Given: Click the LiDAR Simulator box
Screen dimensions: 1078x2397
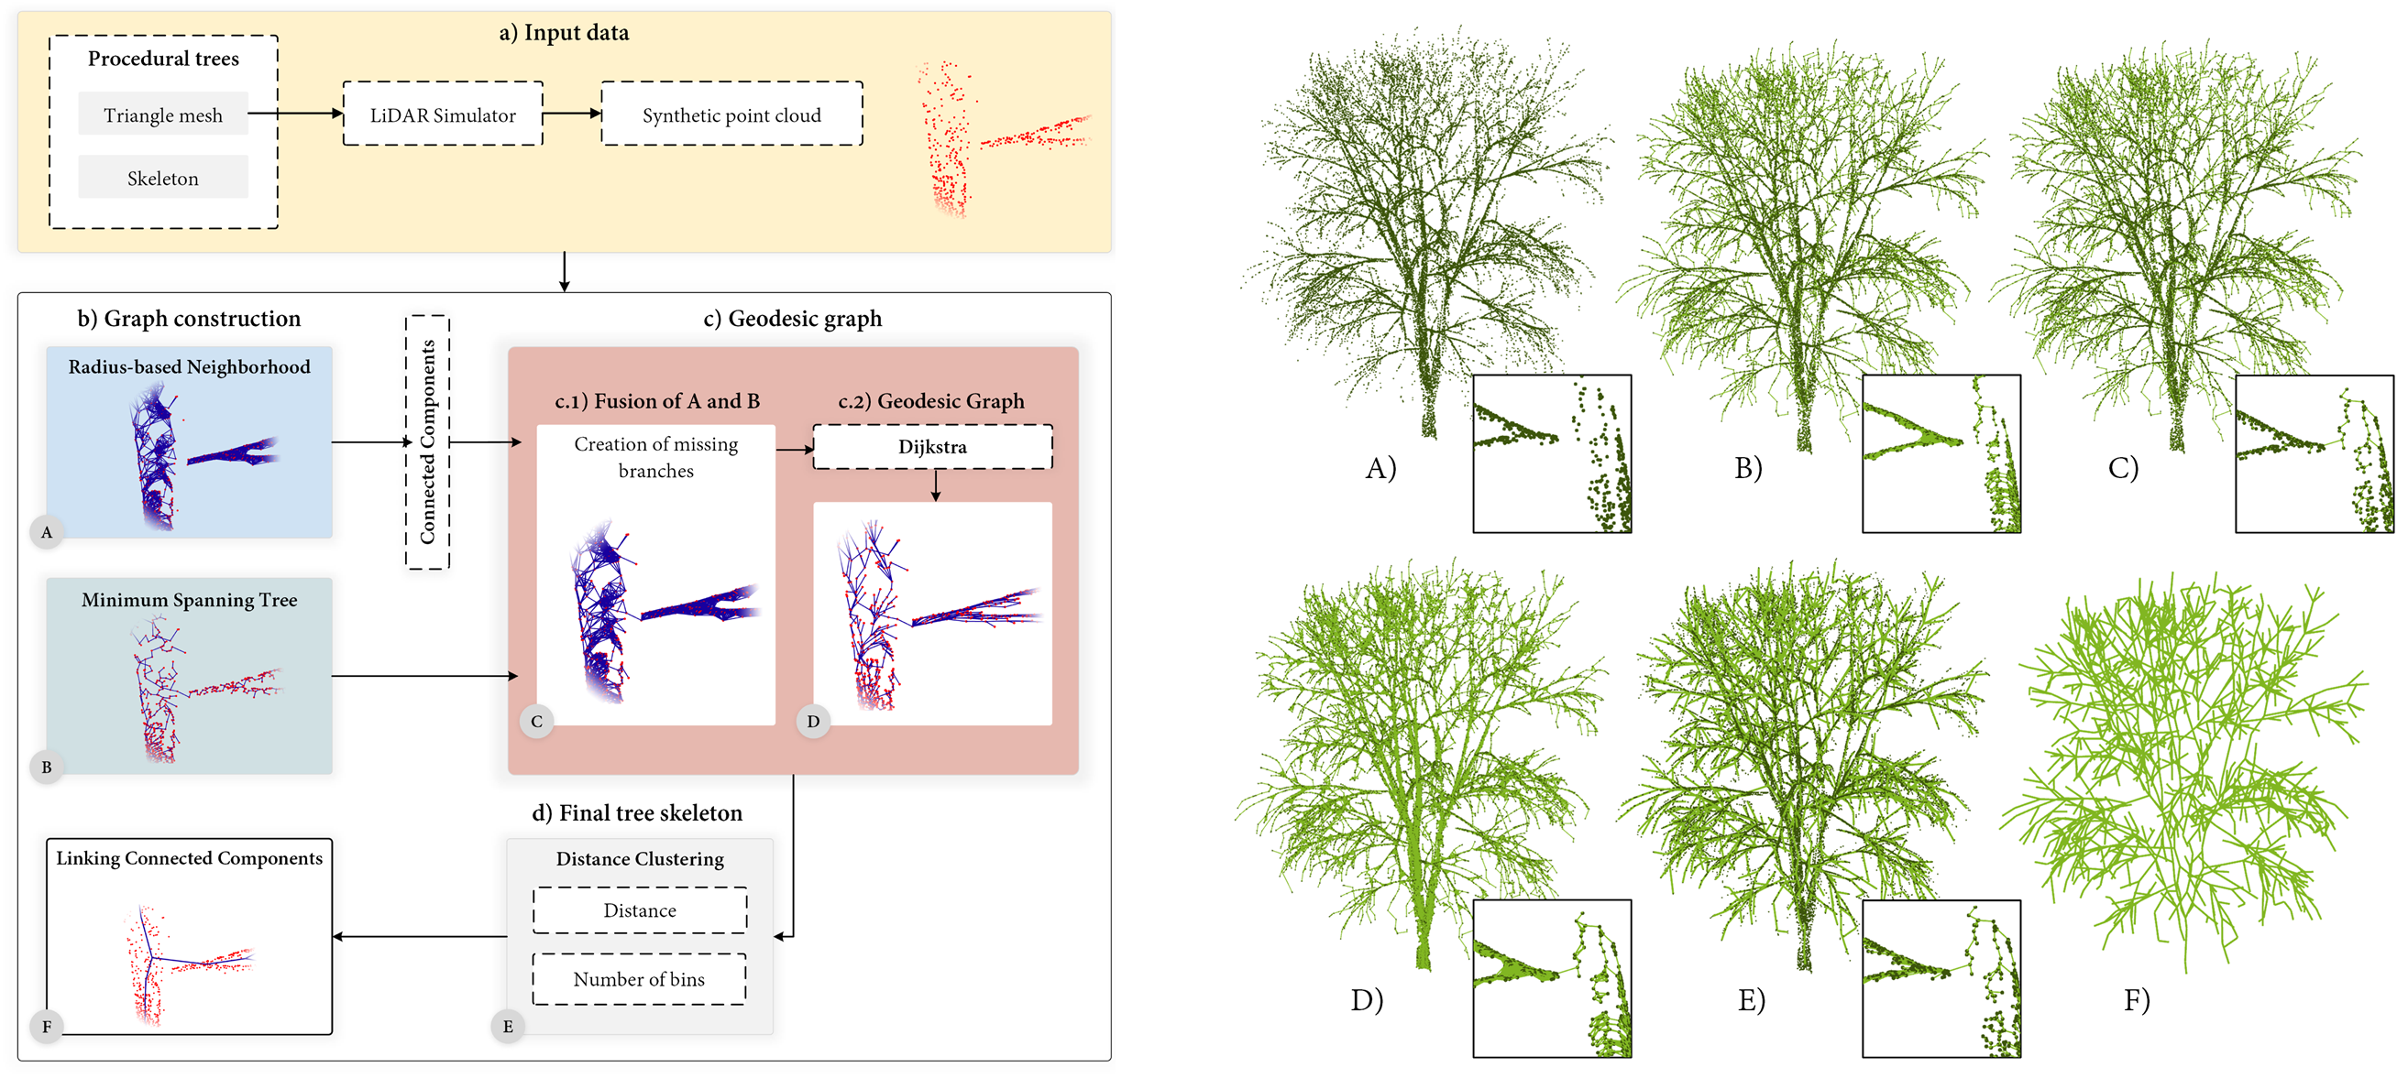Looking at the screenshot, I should click(x=442, y=114).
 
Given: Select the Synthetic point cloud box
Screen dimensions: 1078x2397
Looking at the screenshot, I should click(x=731, y=114).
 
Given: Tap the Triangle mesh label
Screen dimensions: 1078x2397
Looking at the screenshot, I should click(x=163, y=114).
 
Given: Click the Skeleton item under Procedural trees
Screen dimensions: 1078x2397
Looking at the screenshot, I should click(x=163, y=178).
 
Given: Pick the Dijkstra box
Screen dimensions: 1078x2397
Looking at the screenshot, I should click(x=932, y=446).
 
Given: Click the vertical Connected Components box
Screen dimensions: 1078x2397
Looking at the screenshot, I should click(x=427, y=441).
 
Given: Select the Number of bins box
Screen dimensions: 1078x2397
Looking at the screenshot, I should click(x=639, y=978).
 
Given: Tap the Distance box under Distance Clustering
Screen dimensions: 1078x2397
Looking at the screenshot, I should click(x=639, y=909).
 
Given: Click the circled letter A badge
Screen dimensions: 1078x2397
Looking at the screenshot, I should click(x=47, y=532).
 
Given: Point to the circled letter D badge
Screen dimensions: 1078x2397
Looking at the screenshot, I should click(x=813, y=721).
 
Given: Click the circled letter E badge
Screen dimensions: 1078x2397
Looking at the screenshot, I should click(x=508, y=1026).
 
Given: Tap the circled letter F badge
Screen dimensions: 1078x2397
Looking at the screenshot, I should click(x=47, y=1026).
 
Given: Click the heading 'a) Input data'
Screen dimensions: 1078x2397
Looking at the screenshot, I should click(x=564, y=33).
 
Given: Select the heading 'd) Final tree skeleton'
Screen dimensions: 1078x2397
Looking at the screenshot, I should click(x=637, y=812).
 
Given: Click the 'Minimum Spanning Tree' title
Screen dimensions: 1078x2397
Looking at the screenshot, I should click(x=189, y=600).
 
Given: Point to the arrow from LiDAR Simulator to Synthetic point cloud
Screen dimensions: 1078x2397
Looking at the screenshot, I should click(x=572, y=114).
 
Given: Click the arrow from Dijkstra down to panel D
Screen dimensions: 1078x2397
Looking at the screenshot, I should click(x=936, y=485).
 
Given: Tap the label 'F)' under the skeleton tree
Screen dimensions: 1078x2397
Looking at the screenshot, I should click(x=2137, y=1000).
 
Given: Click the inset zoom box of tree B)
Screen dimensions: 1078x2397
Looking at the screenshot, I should click(x=1941, y=453).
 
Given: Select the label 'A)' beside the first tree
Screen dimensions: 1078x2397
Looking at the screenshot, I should click(x=1380, y=467).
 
